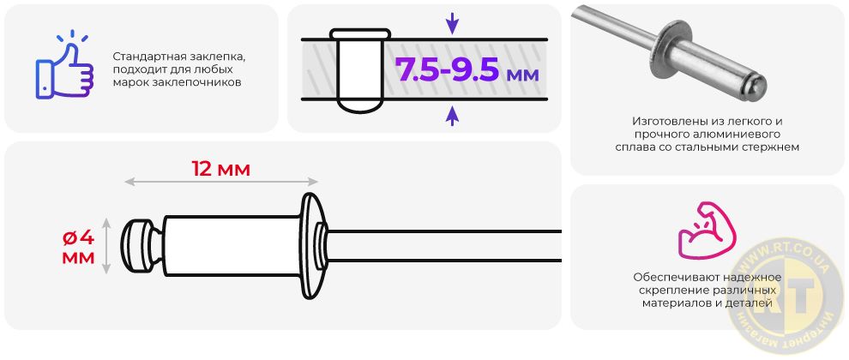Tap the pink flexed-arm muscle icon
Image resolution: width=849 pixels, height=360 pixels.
(707, 230)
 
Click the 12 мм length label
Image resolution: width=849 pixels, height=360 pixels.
(221, 170)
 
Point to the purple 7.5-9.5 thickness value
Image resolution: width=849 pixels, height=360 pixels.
(448, 69)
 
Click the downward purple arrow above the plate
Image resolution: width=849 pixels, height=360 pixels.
(452, 23)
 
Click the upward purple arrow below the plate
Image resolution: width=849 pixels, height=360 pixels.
(452, 116)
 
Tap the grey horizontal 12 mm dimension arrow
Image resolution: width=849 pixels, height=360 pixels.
(221, 183)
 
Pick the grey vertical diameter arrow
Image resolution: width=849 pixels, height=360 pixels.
(107, 246)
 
